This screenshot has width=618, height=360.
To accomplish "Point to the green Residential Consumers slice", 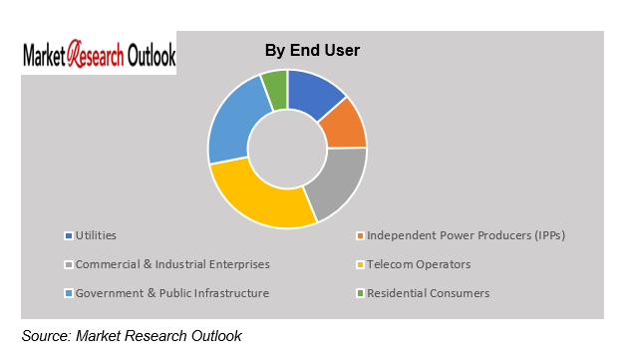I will point(274,87).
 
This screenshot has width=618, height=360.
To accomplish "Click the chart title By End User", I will point(312,50).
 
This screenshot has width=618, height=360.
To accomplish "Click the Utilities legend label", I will point(96,235).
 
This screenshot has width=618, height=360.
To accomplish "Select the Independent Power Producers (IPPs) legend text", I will point(472,235).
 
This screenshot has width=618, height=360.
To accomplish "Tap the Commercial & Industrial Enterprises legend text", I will point(172,264).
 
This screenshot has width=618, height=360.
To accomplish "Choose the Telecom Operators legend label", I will point(419,264).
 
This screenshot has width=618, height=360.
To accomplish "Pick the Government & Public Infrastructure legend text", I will point(172,293).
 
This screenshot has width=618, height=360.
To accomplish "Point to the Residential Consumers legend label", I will point(429,293).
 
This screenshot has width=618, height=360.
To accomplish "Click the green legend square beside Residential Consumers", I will point(360,293).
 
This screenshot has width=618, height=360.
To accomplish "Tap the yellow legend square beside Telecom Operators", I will point(360,264).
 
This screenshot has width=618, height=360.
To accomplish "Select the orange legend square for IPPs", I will point(360,235).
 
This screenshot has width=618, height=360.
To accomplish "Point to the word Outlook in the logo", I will point(145,55).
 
